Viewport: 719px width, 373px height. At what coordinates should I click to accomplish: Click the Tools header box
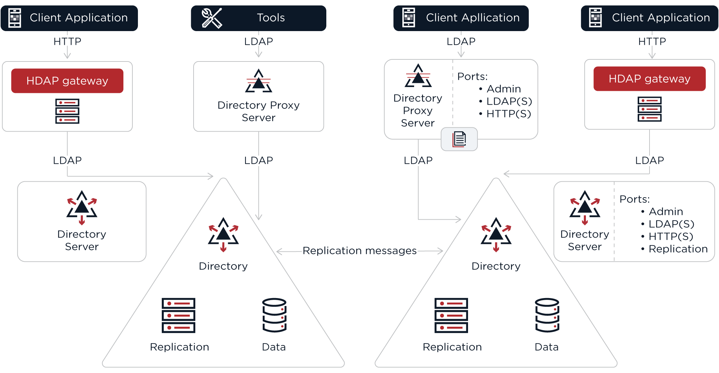pyautogui.click(x=259, y=18)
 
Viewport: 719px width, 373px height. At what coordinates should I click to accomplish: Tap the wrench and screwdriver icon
pyautogui.click(x=212, y=18)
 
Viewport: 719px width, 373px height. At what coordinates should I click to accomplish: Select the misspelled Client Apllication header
pyautogui.click(x=461, y=18)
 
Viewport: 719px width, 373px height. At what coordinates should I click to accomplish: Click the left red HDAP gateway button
pyautogui.click(x=67, y=81)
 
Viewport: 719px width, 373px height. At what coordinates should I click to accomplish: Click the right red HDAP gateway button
pyautogui.click(x=650, y=79)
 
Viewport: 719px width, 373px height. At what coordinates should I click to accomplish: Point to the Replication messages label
pyautogui.click(x=359, y=251)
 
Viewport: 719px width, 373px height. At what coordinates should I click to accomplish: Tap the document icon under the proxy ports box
pyautogui.click(x=459, y=139)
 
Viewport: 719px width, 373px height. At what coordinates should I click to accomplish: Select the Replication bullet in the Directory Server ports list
pyautogui.click(x=678, y=249)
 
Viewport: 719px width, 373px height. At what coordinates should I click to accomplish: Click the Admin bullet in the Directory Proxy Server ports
pyautogui.click(x=504, y=89)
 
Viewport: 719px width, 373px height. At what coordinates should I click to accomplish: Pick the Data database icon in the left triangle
pyautogui.click(x=274, y=315)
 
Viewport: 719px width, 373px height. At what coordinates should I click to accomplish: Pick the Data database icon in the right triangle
pyautogui.click(x=547, y=315)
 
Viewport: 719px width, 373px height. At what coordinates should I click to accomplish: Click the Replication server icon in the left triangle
pyautogui.click(x=179, y=315)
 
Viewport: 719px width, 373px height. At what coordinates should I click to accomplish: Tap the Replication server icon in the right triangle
pyautogui.click(x=451, y=315)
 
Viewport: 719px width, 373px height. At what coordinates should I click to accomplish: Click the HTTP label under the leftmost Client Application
pyautogui.click(x=67, y=41)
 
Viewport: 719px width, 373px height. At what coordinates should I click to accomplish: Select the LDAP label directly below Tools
pyautogui.click(x=259, y=41)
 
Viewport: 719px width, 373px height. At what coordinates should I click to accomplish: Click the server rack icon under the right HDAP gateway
pyautogui.click(x=650, y=109)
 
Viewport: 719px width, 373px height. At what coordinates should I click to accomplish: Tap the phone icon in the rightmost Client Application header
pyautogui.click(x=595, y=18)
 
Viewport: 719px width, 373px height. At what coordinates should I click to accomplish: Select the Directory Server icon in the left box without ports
pyautogui.click(x=82, y=207)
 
